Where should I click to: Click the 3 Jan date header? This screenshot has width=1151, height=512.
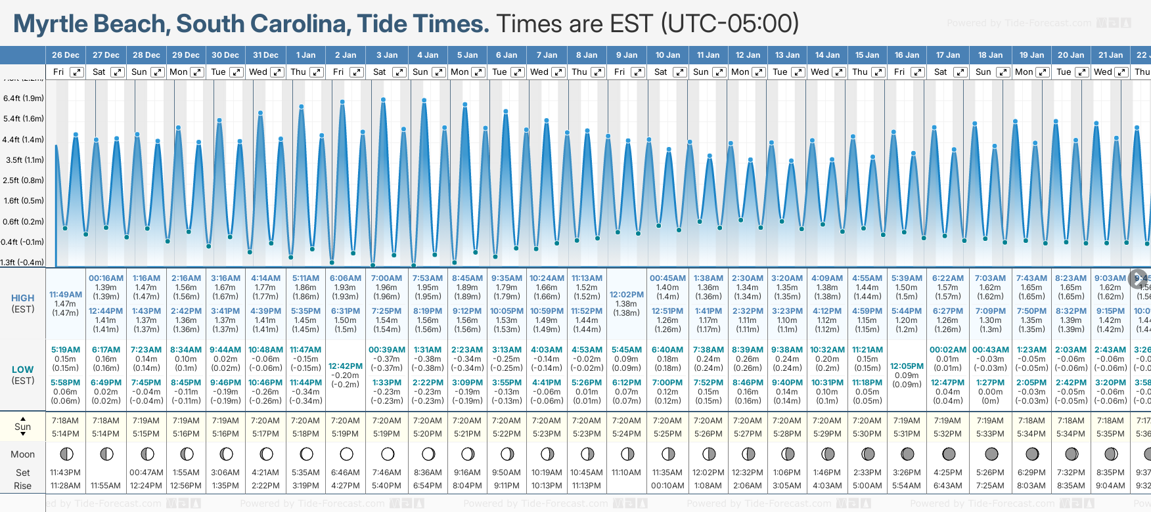(386, 55)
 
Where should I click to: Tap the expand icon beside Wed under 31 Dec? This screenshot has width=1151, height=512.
(277, 72)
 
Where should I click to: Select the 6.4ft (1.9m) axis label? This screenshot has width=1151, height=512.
(24, 98)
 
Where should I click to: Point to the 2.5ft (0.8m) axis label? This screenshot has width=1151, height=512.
(24, 180)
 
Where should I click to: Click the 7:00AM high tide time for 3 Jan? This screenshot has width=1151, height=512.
(386, 278)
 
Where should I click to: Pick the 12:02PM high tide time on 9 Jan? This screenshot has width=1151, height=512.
(627, 295)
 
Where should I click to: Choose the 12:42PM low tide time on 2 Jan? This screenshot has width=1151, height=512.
(346, 366)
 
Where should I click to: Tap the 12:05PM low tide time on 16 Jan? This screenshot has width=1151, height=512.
(907, 366)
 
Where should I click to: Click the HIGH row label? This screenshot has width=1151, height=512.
(23, 298)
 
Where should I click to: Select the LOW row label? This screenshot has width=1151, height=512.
(23, 370)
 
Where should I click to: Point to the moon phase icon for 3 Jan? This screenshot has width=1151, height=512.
(388, 454)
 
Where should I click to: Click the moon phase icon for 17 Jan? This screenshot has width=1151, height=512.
(949, 454)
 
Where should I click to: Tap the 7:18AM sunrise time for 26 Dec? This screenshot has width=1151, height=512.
(65, 421)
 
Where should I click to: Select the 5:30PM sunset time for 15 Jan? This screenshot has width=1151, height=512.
(867, 434)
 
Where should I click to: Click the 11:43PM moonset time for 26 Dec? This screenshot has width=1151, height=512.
(65, 473)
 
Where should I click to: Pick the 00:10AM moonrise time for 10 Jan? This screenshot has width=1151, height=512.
(667, 486)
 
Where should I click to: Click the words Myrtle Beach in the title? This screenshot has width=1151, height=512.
(91, 24)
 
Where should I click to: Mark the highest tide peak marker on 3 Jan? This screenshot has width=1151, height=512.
(383, 100)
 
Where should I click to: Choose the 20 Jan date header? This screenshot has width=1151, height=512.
(1071, 55)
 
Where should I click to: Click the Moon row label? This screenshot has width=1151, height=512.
(23, 454)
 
